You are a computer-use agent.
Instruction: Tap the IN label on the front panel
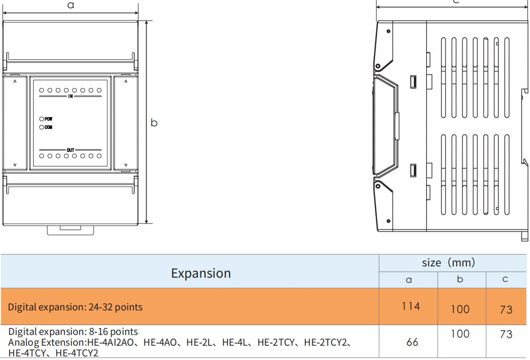pyautogui.click(x=70, y=96)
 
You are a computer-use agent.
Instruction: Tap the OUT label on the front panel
pyautogui.click(x=70, y=150)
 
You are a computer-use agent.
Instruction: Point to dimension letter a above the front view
pyautogui.click(x=71, y=5)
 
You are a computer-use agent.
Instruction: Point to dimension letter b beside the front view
pyautogui.click(x=154, y=123)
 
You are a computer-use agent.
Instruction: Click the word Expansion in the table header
pyautogui.click(x=201, y=273)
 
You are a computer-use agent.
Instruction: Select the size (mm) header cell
pyautogui.click(x=448, y=263)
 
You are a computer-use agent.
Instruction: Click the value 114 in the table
pyautogui.click(x=411, y=306)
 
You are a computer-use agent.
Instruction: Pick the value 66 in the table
pyautogui.click(x=412, y=342)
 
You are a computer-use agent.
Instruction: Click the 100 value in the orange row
pyautogui.click(x=460, y=309)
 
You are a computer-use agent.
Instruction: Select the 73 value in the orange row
pyautogui.click(x=506, y=309)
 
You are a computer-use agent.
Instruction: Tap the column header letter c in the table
pyautogui.click(x=505, y=279)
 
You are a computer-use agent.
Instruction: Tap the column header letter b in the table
pyautogui.click(x=460, y=279)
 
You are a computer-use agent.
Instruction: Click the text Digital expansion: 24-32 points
pyautogui.click(x=75, y=307)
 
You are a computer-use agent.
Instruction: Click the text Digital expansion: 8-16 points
pyautogui.click(x=73, y=331)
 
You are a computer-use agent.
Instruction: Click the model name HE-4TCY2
pyautogui.click(x=77, y=353)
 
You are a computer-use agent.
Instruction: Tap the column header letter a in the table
pyautogui.click(x=408, y=280)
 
